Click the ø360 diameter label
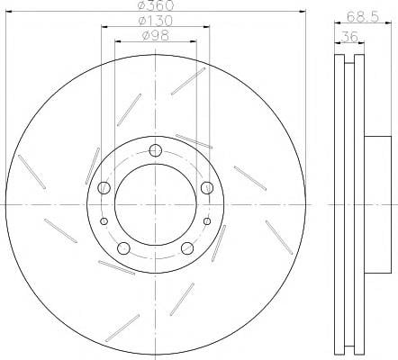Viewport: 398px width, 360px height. click(156, 5)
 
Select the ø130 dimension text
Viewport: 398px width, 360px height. click(156, 21)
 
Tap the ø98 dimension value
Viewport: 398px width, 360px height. click(156, 36)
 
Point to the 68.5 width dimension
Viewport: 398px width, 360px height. click(363, 16)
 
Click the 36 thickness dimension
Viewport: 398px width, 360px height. click(349, 37)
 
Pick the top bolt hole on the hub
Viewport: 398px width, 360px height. click(156, 150)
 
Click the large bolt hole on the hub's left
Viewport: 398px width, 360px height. click(104, 187)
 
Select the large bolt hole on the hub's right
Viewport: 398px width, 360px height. click(207, 188)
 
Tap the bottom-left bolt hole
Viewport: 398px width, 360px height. click(123, 248)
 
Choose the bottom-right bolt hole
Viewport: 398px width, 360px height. click(187, 248)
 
